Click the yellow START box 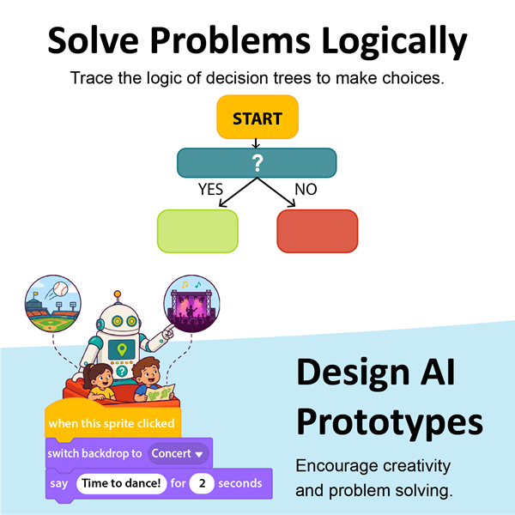click(x=257, y=117)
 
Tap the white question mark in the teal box click(x=257, y=163)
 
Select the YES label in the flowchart click(x=210, y=189)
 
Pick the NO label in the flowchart click(x=306, y=189)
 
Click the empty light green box click(x=197, y=231)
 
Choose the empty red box click(x=318, y=231)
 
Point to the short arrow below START click(x=256, y=143)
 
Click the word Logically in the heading click(x=394, y=41)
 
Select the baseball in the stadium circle click(x=60, y=289)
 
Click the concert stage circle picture click(x=191, y=304)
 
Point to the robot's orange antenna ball click(x=118, y=294)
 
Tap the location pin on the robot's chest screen click(x=122, y=349)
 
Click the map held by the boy click(x=160, y=392)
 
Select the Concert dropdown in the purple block click(x=178, y=453)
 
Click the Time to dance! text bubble click(x=122, y=483)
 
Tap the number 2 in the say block click(x=202, y=483)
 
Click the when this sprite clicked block click(x=112, y=421)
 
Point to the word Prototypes click(x=390, y=422)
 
